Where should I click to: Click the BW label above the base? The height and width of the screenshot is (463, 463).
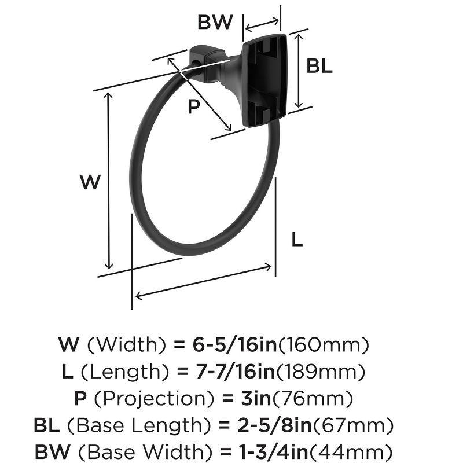pos(215,23)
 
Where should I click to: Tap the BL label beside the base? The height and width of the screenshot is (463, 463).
pos(319,66)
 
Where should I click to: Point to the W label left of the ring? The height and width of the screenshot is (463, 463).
pos(90,182)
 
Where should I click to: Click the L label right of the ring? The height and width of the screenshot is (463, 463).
pos(297,239)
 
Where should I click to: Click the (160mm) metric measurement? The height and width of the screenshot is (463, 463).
pos(324,346)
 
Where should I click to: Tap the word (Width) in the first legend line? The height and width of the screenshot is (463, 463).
pos(127,346)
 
